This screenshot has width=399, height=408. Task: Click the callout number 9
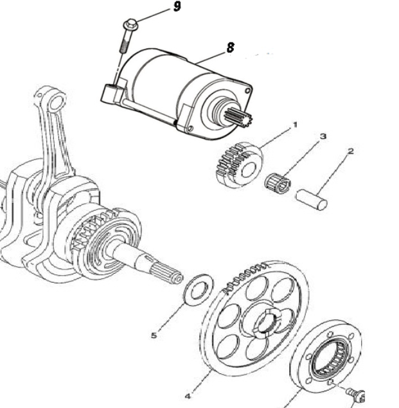[177, 7]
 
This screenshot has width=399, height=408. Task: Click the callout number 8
[230, 48]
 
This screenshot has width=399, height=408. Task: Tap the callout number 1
[295, 123]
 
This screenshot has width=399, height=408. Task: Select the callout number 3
[323, 137]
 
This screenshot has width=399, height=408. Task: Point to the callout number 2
[351, 152]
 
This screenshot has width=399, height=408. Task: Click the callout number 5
[154, 335]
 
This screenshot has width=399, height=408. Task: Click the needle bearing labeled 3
[278, 182]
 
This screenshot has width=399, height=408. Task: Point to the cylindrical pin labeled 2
[312, 197]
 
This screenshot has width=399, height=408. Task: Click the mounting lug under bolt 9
[110, 94]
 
